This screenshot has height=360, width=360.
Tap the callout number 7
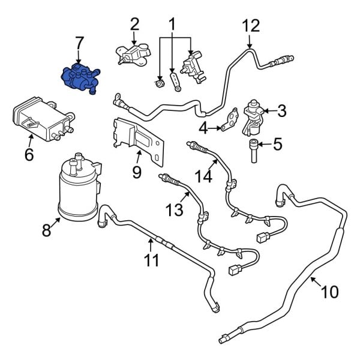[79, 43]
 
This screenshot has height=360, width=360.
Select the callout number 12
[250, 26]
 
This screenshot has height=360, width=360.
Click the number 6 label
[29, 155]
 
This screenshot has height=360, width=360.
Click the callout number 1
[172, 25]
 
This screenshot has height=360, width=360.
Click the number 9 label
[137, 173]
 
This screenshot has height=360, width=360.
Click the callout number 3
[282, 110]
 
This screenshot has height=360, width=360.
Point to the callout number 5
[277, 144]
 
